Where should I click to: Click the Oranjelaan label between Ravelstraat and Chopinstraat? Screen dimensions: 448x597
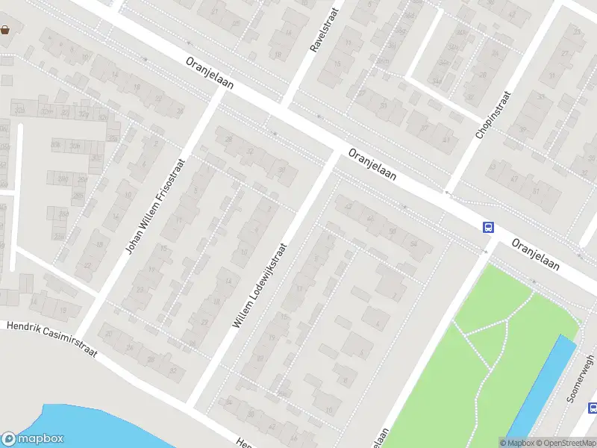point(372,164)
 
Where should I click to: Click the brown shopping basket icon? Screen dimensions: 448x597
point(5,30)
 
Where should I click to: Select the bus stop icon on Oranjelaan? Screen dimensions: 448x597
point(488,228)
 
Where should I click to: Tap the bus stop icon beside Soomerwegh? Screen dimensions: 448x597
point(593,408)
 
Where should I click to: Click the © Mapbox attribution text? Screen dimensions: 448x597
point(516,443)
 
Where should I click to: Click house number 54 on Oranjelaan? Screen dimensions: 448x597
point(413,243)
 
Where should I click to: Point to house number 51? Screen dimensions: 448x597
point(536,190)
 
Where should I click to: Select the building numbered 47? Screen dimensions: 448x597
point(514,179)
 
